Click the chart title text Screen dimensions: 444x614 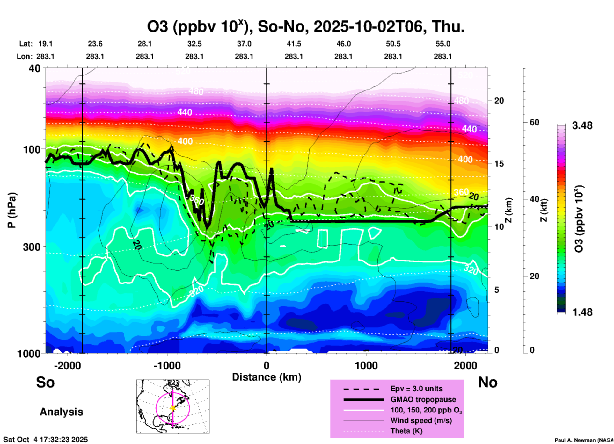coord(305,27)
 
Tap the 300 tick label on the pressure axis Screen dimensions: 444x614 coord(32,247)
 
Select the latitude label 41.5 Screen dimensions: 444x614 coord(294,44)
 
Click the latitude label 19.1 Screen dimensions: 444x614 coord(45,44)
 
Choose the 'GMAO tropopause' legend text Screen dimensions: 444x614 coord(423,399)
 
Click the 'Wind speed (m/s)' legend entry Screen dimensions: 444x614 coord(421,420)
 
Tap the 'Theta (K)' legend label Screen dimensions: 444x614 coord(406,431)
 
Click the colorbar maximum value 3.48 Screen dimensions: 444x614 coord(582,126)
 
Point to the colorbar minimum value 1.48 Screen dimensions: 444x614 coord(582,312)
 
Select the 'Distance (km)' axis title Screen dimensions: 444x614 coord(267,377)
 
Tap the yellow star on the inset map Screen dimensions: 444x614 coord(173,408)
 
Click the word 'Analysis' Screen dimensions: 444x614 coord(61,412)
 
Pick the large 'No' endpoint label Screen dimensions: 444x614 coord(487,382)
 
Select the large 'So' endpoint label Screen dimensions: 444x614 coord(45,382)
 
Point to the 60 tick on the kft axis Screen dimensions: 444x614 coord(534,122)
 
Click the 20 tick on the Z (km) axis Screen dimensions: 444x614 coord(499,101)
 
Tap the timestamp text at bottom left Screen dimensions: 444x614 coord(45,440)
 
